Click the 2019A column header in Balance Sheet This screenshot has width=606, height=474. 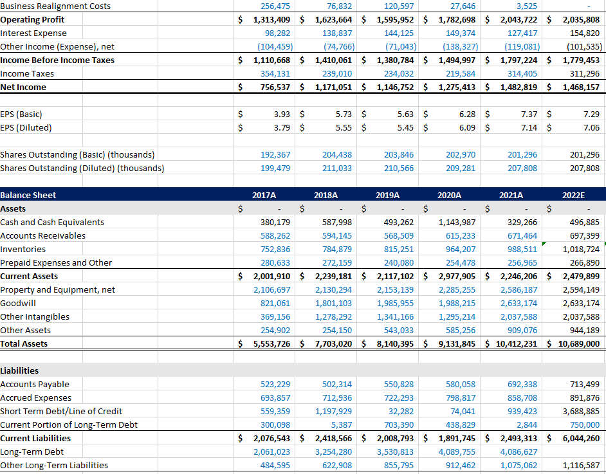coord(387,195)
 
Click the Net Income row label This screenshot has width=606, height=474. coord(23,87)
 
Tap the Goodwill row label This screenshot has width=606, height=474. coord(18,303)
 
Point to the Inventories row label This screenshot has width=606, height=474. coord(23,249)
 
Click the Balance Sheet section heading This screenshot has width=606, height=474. coord(28,195)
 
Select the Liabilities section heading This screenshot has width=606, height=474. coord(19,370)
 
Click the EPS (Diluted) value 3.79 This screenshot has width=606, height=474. coord(282,127)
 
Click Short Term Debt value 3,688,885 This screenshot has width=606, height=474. coord(581,411)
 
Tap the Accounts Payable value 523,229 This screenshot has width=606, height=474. coord(275,384)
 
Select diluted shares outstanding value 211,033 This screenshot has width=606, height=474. coord(337,168)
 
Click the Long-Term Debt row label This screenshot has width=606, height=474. coord(32,451)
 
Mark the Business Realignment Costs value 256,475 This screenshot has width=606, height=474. coord(275,6)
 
